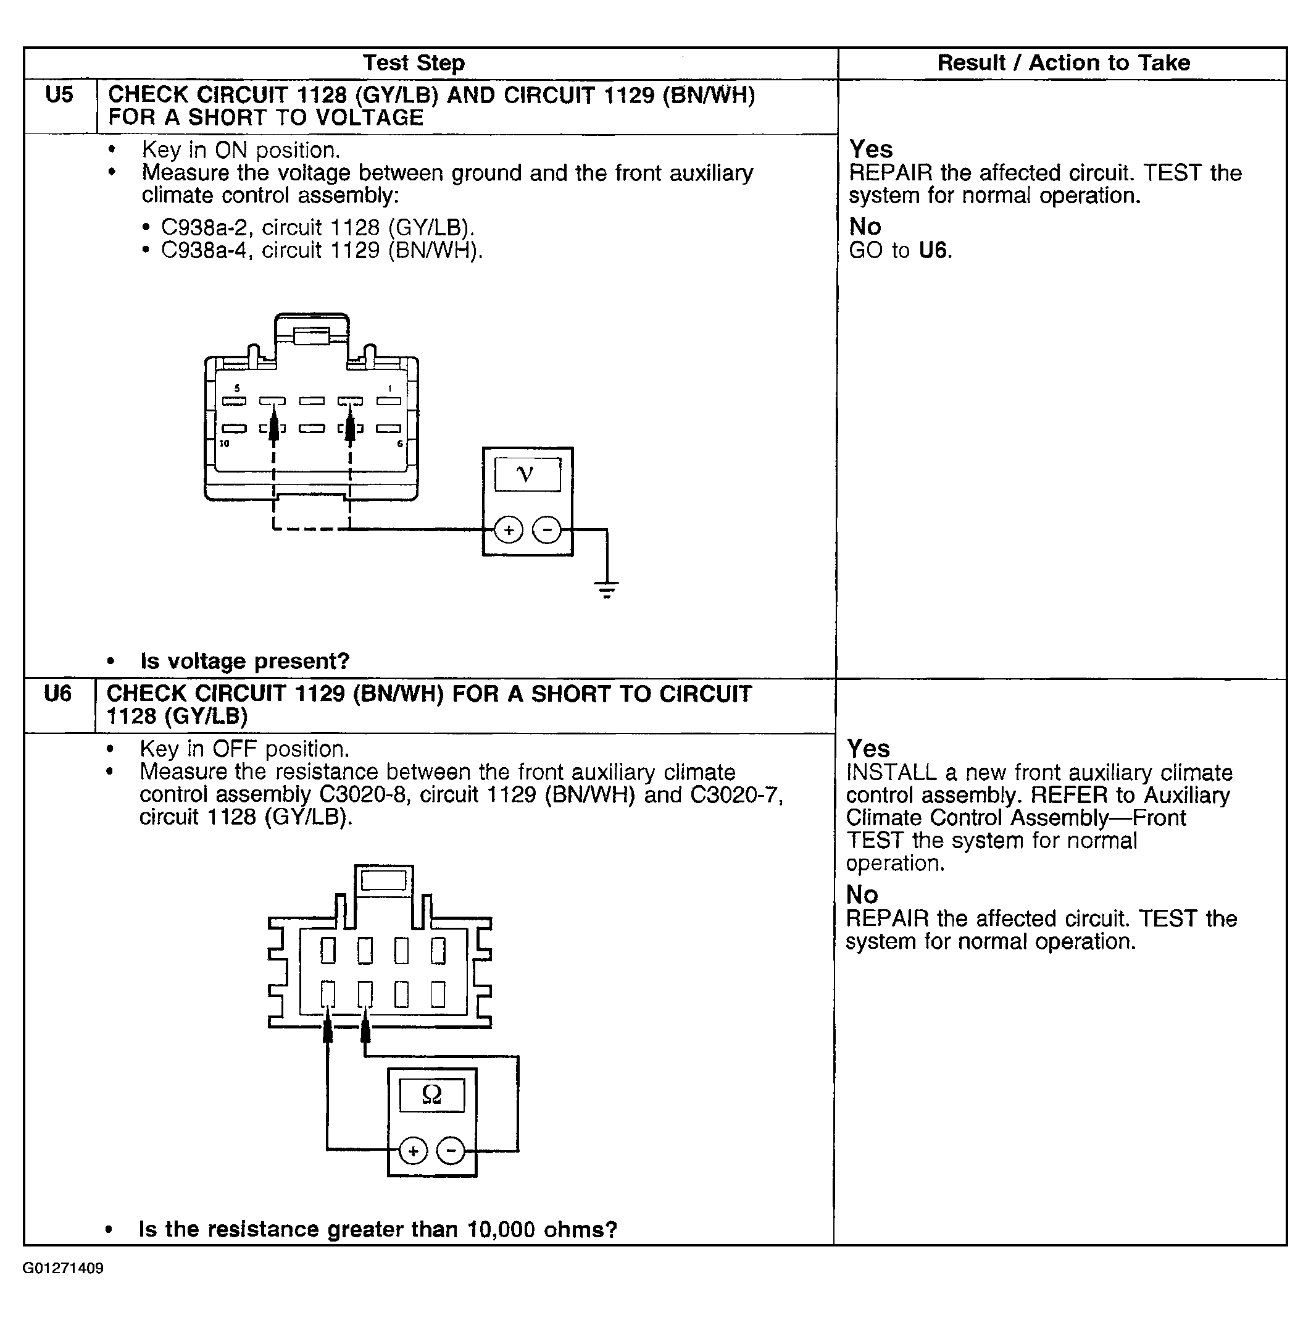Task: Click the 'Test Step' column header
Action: click(x=414, y=63)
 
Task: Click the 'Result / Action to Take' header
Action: click(x=1063, y=63)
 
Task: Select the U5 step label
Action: click(x=59, y=95)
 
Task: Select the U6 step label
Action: click(x=58, y=694)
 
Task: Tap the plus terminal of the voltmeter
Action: click(x=508, y=529)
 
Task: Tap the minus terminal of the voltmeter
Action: click(x=546, y=529)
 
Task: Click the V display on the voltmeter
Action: click(x=527, y=474)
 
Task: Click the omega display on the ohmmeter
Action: click(x=431, y=1095)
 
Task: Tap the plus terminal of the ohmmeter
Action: click(x=413, y=1151)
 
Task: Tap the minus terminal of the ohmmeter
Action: click(x=451, y=1151)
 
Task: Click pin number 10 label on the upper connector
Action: click(x=224, y=444)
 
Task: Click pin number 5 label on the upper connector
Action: click(x=237, y=389)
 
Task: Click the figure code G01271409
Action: click(x=63, y=1269)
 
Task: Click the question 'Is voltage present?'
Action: click(x=245, y=661)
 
